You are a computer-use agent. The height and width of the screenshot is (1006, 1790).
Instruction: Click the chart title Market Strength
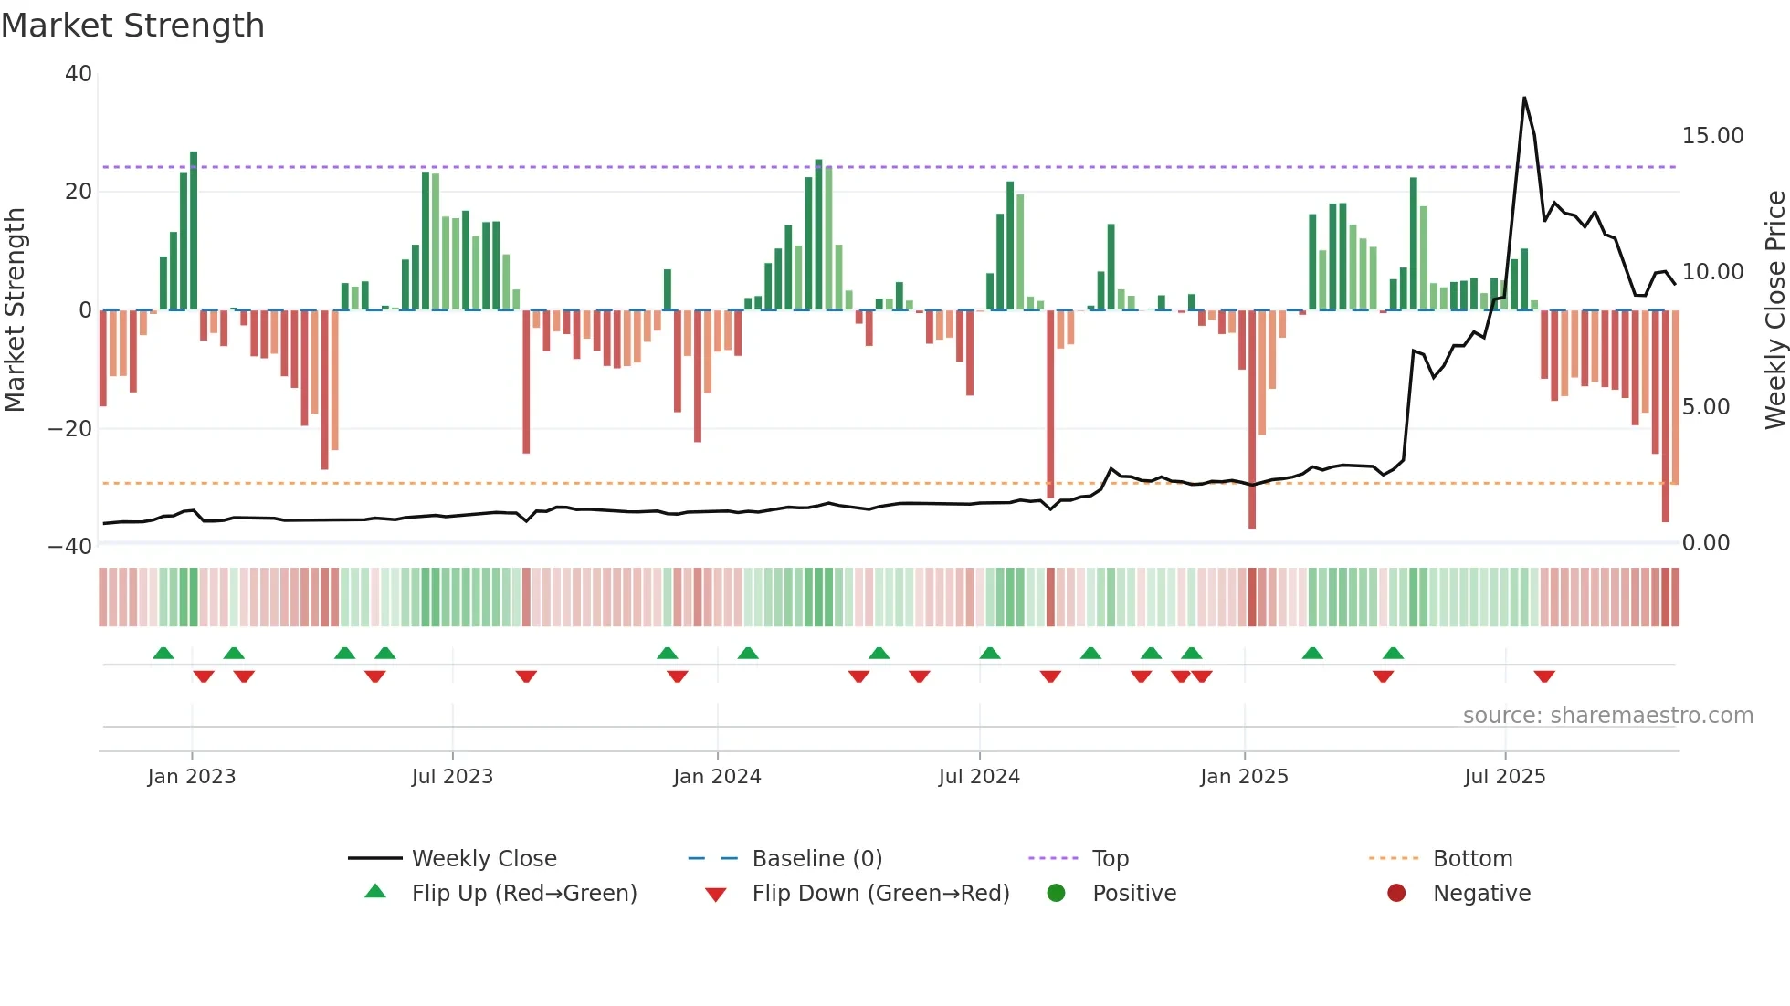[132, 25]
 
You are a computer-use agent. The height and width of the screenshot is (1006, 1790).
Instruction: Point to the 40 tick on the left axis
[79, 74]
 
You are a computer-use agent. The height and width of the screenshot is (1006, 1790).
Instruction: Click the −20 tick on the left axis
[70, 428]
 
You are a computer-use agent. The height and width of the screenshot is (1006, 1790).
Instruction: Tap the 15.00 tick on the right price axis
[1712, 136]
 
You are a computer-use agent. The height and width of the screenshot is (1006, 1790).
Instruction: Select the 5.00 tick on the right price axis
[1705, 407]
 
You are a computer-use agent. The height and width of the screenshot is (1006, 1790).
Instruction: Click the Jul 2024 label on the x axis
[978, 777]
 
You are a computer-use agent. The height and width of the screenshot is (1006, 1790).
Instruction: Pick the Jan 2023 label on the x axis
[191, 777]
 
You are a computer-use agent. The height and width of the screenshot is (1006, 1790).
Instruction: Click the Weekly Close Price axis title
[1774, 309]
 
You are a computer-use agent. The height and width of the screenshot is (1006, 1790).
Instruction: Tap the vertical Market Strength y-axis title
[15, 309]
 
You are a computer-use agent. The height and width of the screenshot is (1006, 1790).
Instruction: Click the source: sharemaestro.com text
[1607, 716]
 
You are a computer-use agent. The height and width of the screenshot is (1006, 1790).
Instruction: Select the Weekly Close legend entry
[483, 859]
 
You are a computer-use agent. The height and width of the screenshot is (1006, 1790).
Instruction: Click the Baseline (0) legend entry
[816, 859]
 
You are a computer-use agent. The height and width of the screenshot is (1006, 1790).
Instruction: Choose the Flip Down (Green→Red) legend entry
[880, 894]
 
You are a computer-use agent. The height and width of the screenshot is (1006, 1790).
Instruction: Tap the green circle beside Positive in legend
[1056, 894]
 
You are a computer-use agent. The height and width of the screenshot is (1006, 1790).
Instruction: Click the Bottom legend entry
[1472, 859]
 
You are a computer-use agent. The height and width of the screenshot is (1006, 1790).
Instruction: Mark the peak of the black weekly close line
[1524, 99]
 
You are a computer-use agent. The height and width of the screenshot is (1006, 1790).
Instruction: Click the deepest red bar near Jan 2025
[1251, 420]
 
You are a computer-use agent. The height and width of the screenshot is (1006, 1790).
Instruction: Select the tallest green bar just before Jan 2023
[194, 230]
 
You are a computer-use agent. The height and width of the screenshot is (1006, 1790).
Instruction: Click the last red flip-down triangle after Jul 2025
[1544, 676]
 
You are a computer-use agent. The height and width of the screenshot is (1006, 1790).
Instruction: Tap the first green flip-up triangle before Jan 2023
[163, 653]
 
